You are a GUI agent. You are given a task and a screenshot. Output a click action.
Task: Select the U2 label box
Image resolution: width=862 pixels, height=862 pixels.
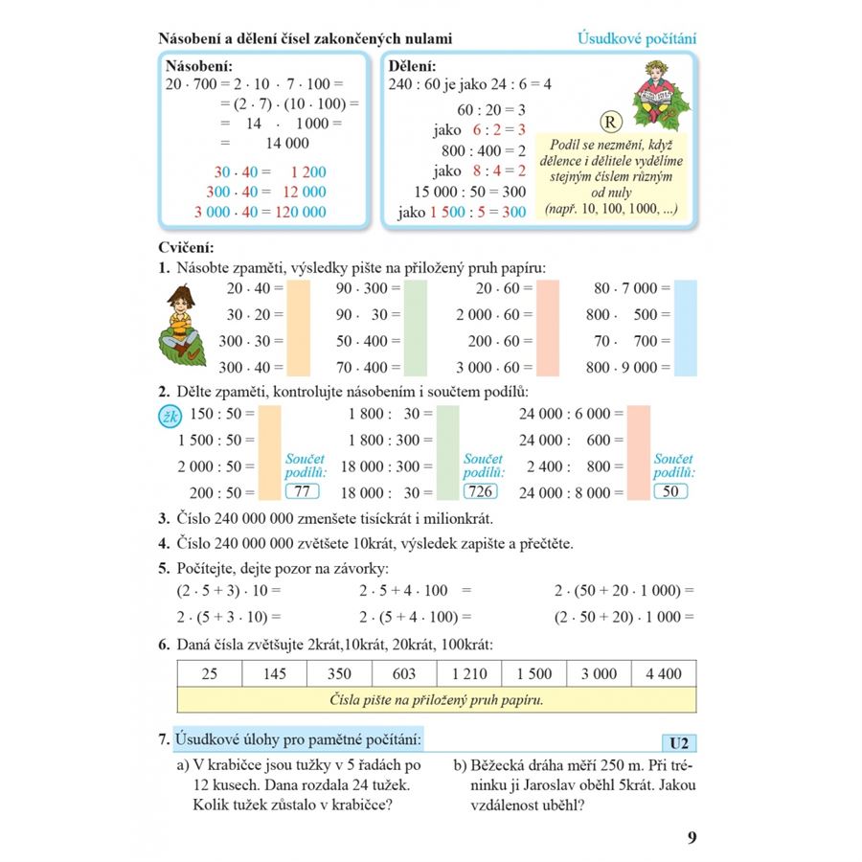click(680, 743)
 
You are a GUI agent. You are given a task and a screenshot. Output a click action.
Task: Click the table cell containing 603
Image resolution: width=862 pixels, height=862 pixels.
click(404, 673)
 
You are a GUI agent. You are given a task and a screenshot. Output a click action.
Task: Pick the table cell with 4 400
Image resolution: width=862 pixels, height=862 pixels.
click(664, 673)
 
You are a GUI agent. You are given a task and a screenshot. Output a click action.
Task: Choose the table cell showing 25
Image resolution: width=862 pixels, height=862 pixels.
click(210, 673)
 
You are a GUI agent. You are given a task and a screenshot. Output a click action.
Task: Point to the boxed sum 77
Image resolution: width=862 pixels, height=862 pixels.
click(304, 492)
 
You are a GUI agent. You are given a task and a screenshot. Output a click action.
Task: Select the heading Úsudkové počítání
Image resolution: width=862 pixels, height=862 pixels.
click(637, 39)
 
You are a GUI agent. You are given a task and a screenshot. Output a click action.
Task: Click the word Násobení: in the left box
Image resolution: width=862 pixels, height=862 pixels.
click(199, 67)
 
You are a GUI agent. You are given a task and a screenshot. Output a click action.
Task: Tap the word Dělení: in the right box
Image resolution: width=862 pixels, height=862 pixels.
click(414, 67)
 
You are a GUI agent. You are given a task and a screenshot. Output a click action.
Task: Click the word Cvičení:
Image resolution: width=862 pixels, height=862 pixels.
click(187, 248)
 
